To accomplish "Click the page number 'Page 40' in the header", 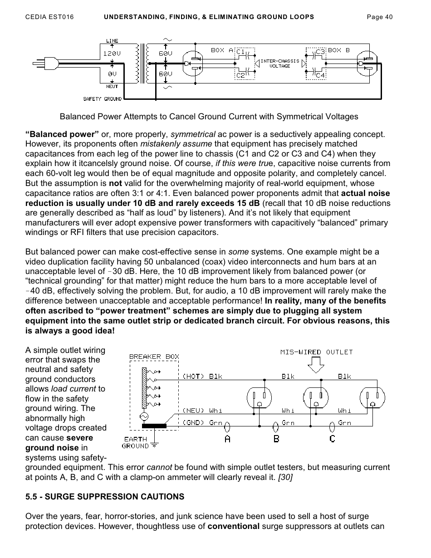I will pos(379,17).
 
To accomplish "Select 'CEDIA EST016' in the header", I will pos(49,17).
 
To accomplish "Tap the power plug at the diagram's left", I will pos(45,62).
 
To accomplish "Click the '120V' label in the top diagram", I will pos(112,53).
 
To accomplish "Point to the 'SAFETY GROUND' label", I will pos(102,98).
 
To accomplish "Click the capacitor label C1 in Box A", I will pos(241,51).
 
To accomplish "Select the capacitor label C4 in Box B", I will pos(320,75).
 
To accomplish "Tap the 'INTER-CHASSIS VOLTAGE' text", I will pos(279,64).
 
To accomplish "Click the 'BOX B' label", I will pos(339,50).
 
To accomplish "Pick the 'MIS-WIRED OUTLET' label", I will pos(316,352).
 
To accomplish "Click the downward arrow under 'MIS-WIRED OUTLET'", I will pos(316,363).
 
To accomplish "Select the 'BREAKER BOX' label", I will pos(154,357).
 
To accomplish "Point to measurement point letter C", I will pos(332,439).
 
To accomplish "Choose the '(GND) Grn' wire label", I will pos(202,422).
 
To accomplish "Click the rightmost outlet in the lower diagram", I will pos(372,398).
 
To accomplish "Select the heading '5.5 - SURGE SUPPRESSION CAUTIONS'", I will pos(105,496).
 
